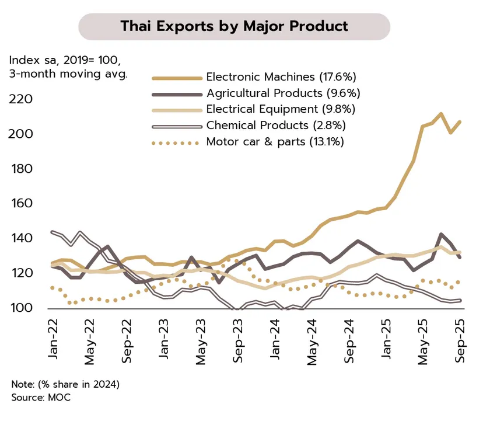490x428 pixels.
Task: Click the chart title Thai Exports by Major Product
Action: [x=234, y=26]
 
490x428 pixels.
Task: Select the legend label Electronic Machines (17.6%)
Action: [x=281, y=77]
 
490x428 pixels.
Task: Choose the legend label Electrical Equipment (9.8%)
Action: [x=281, y=109]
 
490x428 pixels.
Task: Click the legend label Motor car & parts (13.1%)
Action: [x=275, y=141]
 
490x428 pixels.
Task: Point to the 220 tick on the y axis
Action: [x=20, y=99]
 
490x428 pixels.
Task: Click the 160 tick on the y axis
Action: [x=20, y=204]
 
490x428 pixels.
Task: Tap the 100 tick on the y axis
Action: [x=20, y=308]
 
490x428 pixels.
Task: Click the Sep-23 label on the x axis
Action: [x=238, y=340]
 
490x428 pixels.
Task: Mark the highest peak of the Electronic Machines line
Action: [x=441, y=114]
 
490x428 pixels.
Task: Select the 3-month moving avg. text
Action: [x=68, y=74]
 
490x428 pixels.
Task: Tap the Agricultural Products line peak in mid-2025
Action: [x=441, y=234]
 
